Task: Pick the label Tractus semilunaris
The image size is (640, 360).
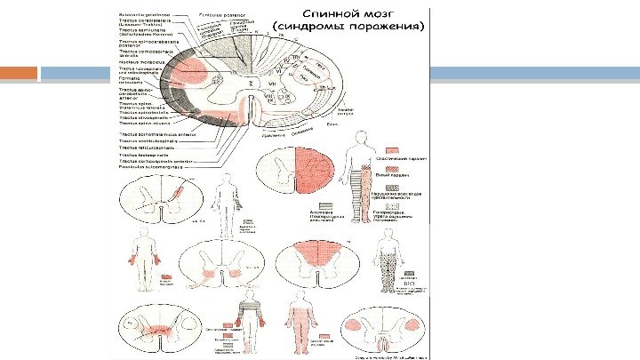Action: (143, 29)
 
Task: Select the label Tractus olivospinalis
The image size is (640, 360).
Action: (143, 118)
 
